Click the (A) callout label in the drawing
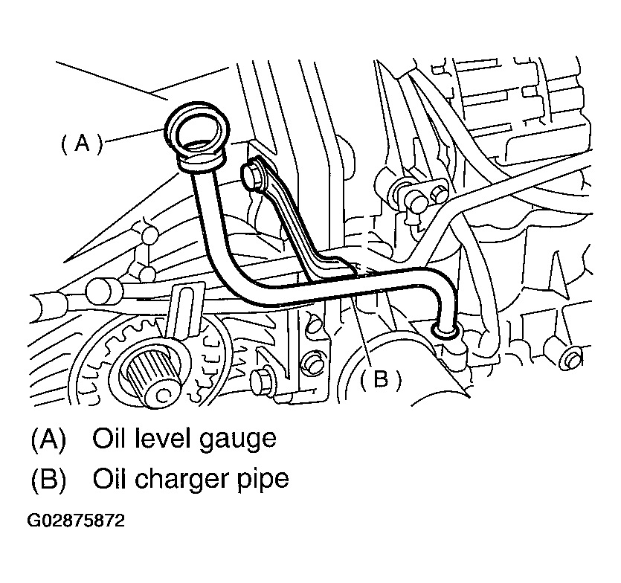click(x=82, y=143)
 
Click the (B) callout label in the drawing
click(x=381, y=379)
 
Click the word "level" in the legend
click(x=163, y=438)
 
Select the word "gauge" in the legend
click(x=237, y=440)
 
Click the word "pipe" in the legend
click(x=263, y=481)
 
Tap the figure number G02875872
click(x=76, y=520)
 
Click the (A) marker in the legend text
click(x=48, y=439)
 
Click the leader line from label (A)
click(x=135, y=135)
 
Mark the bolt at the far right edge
click(x=571, y=358)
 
